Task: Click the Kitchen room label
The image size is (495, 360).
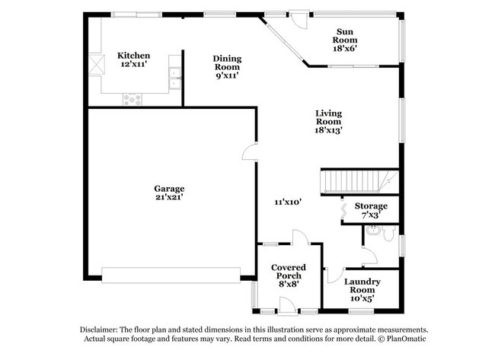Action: [x=133, y=56]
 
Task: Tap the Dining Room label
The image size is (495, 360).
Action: [x=227, y=59]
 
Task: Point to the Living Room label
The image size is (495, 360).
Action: [x=329, y=117]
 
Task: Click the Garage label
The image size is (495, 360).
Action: [x=169, y=189]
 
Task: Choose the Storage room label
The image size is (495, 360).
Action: [x=371, y=206]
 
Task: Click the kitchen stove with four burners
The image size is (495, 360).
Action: [x=133, y=98]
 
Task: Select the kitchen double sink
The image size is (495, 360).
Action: [x=175, y=74]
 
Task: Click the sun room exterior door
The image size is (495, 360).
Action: [x=299, y=19]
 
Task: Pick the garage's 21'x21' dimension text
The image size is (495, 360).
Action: [x=169, y=197]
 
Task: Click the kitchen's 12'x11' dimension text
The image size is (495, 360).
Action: [x=133, y=65]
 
